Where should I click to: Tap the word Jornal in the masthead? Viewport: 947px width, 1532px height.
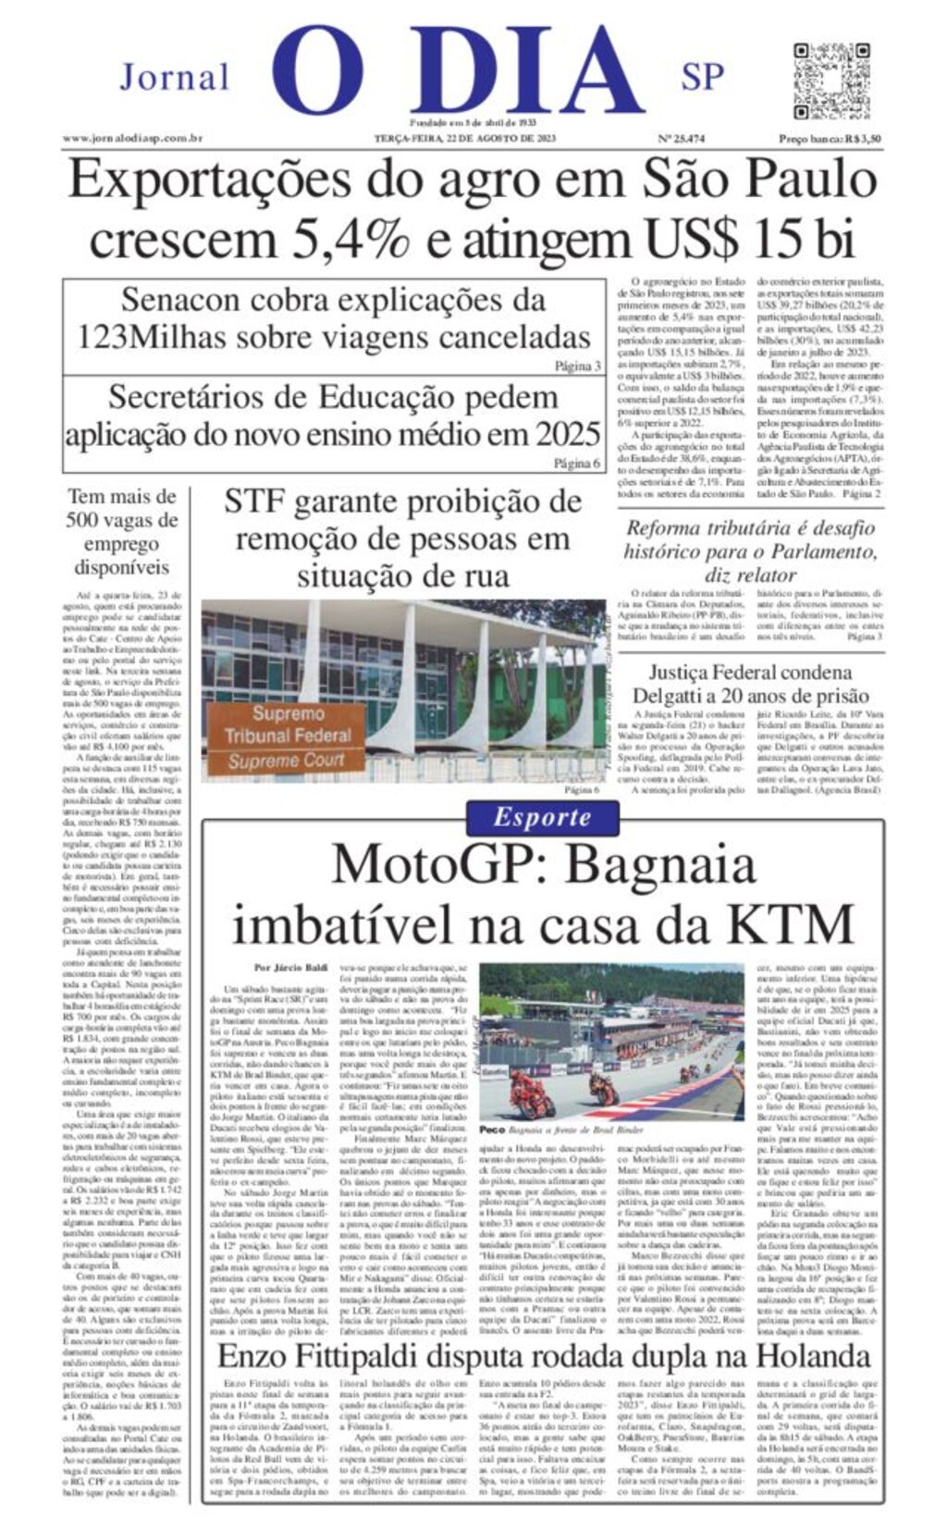tap(174, 78)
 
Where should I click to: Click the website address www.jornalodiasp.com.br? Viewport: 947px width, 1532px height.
tap(132, 139)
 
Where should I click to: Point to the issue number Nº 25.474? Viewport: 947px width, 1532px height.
tap(681, 139)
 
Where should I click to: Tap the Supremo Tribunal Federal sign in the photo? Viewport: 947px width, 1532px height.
tap(287, 737)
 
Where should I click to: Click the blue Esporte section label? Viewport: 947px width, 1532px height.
tap(542, 817)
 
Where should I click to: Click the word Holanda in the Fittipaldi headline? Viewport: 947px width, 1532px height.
tap(813, 1357)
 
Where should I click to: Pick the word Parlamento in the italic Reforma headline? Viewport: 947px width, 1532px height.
tap(820, 552)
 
